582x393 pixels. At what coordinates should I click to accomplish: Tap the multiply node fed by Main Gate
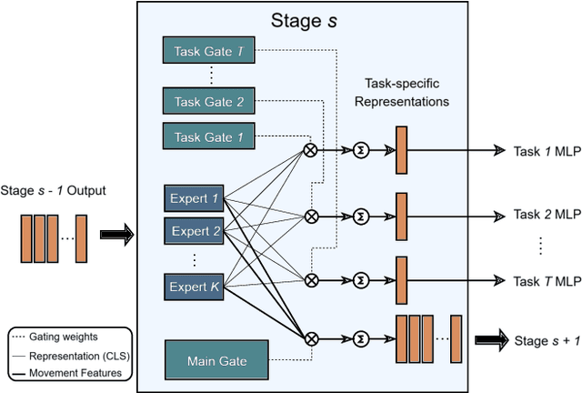(311, 338)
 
